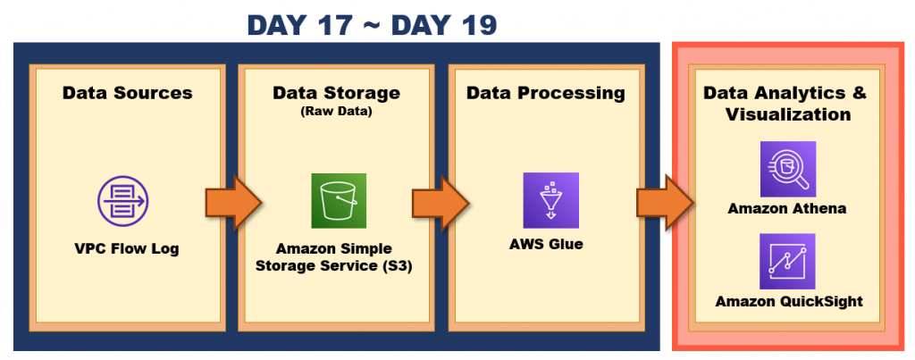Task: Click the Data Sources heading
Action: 127,93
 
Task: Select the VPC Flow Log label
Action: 127,248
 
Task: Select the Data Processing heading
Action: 545,93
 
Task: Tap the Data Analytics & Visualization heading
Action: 786,104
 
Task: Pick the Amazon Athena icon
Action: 787,169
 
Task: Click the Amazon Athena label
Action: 787,209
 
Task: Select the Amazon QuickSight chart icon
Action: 787,261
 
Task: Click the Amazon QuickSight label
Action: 787,302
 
